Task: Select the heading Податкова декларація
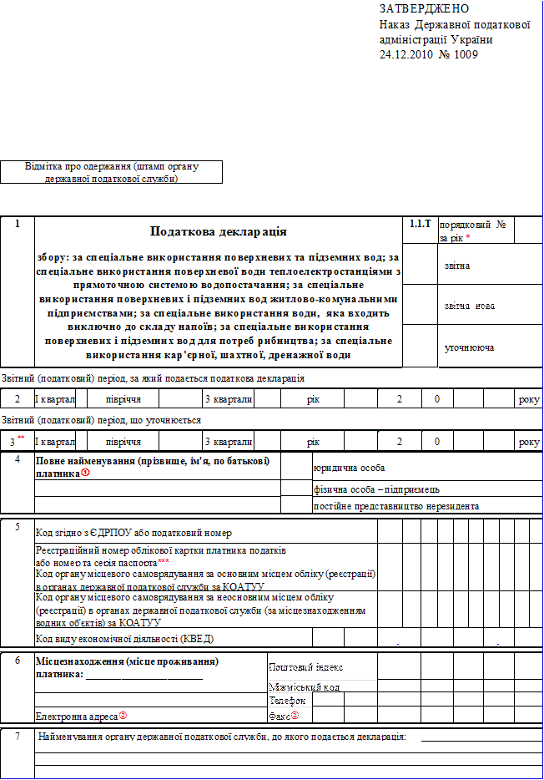coord(218,231)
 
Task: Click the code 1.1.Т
coord(421,225)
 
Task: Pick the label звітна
coord(456,266)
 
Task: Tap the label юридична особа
coord(349,468)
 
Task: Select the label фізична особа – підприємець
coord(376,489)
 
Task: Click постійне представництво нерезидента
coord(395,506)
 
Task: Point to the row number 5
coord(18,527)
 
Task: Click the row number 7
coord(18,737)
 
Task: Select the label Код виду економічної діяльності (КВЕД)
coord(124,639)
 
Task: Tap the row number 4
coord(18,459)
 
